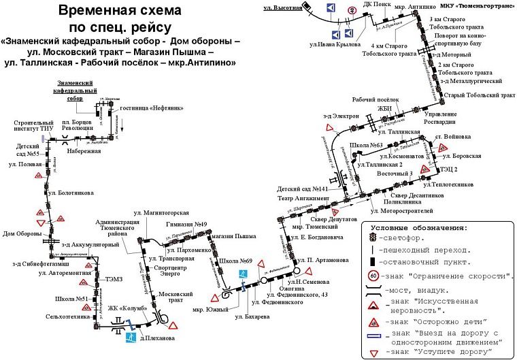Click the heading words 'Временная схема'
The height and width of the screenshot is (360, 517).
[120, 11]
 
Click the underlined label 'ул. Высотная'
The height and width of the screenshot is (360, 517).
[281, 7]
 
